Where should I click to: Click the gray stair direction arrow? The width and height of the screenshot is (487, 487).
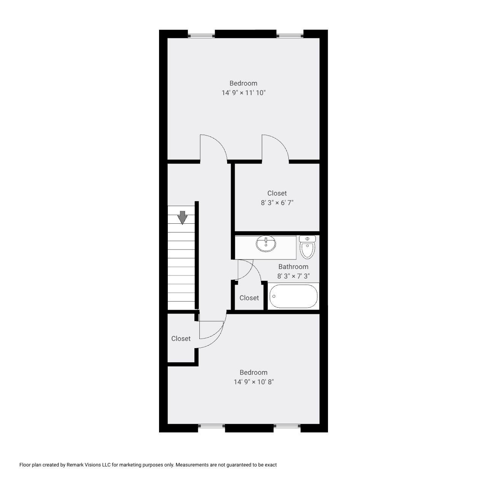(x=183, y=217)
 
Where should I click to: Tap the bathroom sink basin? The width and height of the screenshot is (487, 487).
(x=266, y=243)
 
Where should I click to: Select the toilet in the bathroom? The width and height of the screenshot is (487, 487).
(x=307, y=247)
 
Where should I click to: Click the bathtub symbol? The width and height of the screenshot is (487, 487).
(x=293, y=297)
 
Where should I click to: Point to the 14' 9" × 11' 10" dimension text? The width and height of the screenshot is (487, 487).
(x=243, y=92)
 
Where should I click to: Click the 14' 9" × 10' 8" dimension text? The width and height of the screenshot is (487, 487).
(x=254, y=382)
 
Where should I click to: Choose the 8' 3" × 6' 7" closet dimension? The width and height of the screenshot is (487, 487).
(x=277, y=202)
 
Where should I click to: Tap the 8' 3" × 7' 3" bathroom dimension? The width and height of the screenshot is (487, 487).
(x=293, y=276)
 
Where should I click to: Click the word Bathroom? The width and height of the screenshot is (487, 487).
(x=293, y=267)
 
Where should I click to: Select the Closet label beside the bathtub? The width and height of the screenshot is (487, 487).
(x=249, y=298)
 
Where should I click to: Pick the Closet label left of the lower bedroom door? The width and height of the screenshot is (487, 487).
(x=181, y=339)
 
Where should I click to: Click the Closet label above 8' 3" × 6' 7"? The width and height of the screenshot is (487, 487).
(x=277, y=193)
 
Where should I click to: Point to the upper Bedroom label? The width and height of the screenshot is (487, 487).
(x=243, y=83)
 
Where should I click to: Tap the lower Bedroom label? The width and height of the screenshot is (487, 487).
(x=254, y=372)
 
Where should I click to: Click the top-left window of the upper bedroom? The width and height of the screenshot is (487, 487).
(x=202, y=36)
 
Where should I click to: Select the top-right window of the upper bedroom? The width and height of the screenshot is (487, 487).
(x=290, y=36)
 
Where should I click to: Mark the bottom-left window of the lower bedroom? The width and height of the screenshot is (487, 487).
(x=212, y=426)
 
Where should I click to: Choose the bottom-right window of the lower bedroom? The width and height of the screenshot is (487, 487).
(x=287, y=426)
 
